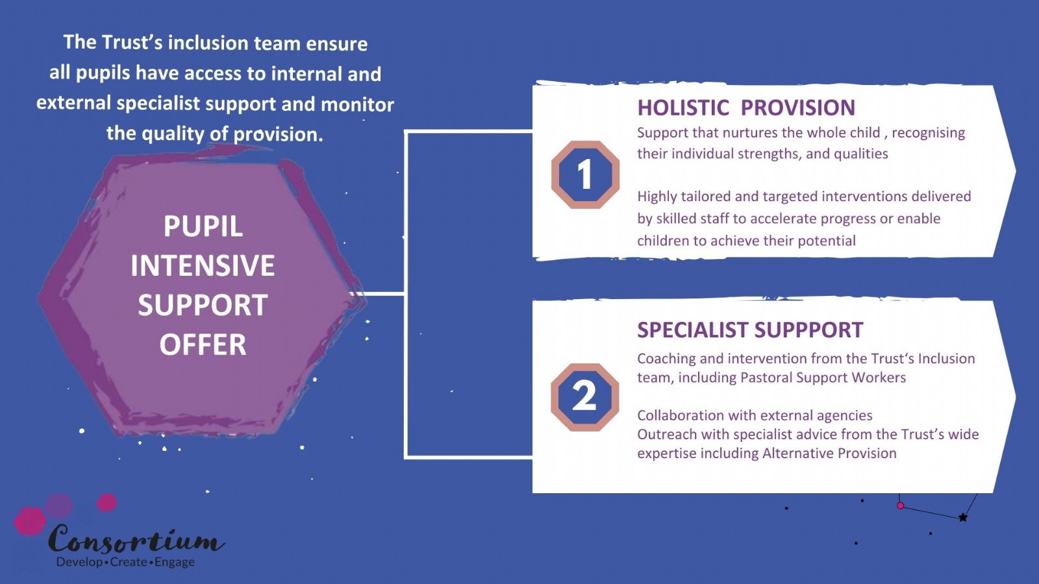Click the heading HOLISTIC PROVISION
click(746, 108)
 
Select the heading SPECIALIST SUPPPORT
click(750, 330)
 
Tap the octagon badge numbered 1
click(585, 175)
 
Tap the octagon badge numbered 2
click(585, 397)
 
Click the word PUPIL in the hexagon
click(203, 226)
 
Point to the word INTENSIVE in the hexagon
click(203, 265)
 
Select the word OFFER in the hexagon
click(203, 345)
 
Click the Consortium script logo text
click(136, 539)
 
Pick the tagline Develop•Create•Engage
click(126, 562)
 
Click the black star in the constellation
click(963, 517)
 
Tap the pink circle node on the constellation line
click(900, 505)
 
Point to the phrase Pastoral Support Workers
click(823, 378)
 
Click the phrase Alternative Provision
click(829, 454)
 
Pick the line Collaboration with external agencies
click(755, 415)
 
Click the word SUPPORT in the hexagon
click(203, 305)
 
